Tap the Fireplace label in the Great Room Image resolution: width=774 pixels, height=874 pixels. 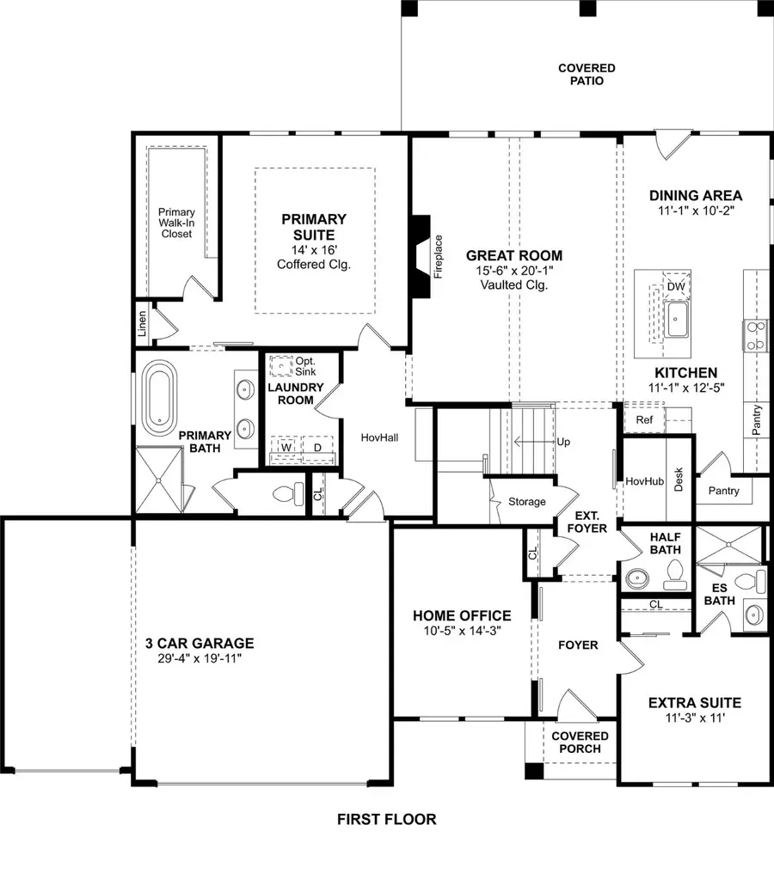pos(438,256)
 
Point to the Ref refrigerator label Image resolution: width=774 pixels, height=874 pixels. pos(644,419)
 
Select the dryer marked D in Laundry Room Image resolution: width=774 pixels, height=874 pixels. pos(316,449)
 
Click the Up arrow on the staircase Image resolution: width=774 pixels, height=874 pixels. pos(563,442)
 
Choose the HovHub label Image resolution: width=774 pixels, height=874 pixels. pos(643,482)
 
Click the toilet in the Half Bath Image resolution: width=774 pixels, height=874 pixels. pos(674,571)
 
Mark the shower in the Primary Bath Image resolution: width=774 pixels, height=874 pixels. pos(159,480)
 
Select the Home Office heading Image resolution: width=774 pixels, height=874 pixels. pos(462,615)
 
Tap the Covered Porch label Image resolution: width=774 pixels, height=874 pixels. pos(580,742)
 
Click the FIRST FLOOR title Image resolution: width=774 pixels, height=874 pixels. pos(386,819)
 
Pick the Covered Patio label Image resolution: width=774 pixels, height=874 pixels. pos(587,75)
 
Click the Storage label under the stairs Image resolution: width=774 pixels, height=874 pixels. pos(526,501)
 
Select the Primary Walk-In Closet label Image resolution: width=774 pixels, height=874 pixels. pos(176,224)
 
